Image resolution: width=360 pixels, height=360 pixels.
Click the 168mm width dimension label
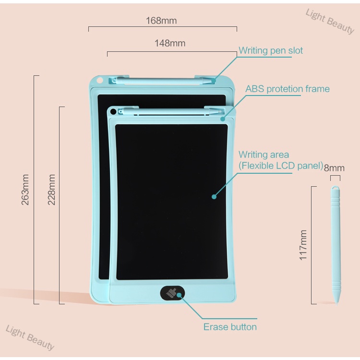tap(161, 21)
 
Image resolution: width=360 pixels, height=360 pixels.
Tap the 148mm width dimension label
tap(170, 43)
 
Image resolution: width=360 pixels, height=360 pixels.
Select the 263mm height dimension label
tap(25, 190)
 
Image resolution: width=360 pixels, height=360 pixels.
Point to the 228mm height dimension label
tap(51, 190)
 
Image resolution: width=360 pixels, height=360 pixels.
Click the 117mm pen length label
tap(303, 245)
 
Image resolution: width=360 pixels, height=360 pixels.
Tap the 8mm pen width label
tap(334, 168)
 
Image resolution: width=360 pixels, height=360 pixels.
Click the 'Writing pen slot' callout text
tap(271, 50)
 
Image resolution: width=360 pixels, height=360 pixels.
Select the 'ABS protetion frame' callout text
tap(288, 89)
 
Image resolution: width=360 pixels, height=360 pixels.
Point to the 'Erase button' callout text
tap(230, 327)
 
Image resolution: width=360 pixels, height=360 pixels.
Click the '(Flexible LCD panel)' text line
tap(281, 166)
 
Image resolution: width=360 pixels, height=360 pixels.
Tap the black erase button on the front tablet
tap(172, 293)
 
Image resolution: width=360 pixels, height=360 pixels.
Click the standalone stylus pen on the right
tap(336, 245)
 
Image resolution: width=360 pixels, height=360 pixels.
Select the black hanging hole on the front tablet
tap(113, 112)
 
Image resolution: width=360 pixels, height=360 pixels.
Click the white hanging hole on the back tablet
tap(100, 80)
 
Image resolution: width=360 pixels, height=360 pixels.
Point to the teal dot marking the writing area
tap(214, 196)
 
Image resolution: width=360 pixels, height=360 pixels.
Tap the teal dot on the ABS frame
tap(222, 119)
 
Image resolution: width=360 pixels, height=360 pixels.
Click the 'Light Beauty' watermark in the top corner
tap(330, 21)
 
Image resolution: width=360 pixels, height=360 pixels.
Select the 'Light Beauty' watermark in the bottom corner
tap(30, 337)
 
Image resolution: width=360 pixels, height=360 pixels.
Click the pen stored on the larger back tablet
tap(163, 81)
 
